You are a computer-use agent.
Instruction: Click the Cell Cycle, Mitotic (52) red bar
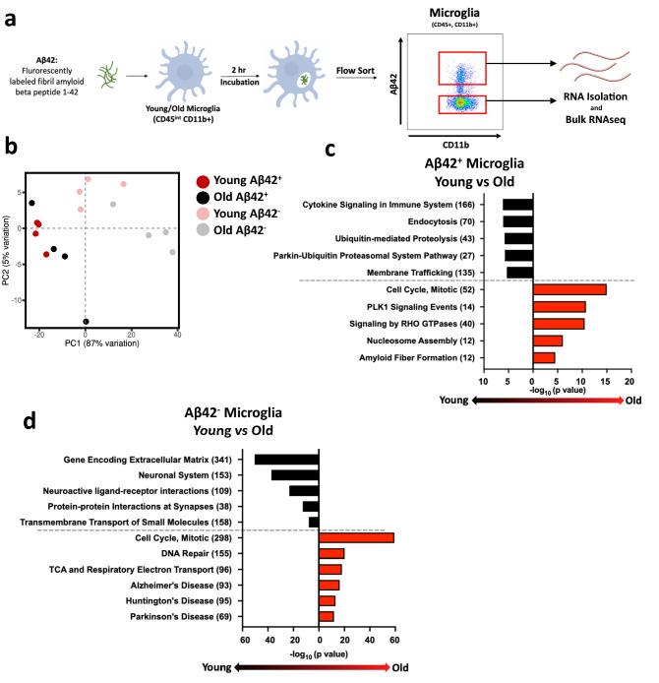[569, 288]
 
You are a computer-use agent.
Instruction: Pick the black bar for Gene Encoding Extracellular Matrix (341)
[286, 459]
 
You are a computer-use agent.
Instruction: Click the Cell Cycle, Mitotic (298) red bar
[356, 537]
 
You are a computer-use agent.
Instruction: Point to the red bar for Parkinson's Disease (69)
[326, 616]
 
